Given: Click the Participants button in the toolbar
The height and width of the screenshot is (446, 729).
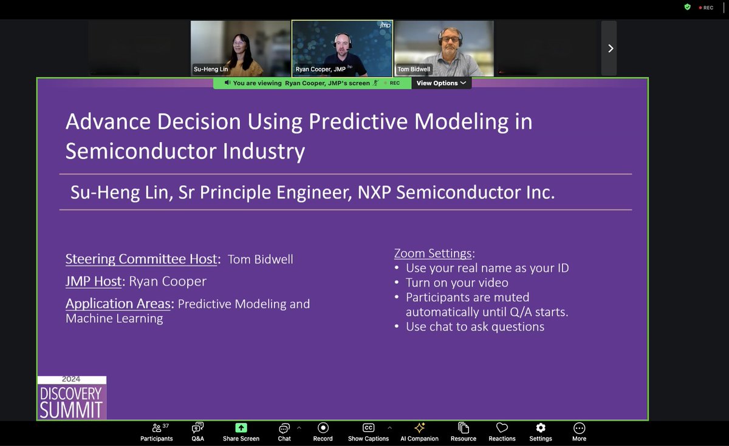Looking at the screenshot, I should click(157, 432).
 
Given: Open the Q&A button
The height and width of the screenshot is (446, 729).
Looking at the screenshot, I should click(197, 432).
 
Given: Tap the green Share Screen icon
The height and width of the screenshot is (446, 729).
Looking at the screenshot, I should click(241, 428).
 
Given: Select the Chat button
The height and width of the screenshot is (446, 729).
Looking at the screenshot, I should click(284, 432).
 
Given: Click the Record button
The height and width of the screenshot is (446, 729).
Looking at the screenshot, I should click(323, 432).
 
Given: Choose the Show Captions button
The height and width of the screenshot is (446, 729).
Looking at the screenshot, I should click(368, 432).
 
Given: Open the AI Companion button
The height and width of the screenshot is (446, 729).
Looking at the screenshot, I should click(419, 432).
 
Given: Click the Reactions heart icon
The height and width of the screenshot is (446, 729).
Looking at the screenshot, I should click(502, 428).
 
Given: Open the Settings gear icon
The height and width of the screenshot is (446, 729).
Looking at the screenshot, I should click(540, 428).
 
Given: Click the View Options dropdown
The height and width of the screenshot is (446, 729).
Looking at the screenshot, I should click(441, 83).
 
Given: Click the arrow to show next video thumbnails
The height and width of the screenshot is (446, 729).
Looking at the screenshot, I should click(610, 49).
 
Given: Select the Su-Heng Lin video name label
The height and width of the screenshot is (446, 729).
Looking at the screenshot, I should click(211, 69).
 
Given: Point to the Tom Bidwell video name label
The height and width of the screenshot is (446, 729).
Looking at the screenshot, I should click(414, 69).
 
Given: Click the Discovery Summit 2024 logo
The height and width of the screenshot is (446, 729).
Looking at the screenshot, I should click(72, 398).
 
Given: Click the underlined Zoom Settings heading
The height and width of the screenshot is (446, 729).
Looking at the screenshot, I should click(434, 253).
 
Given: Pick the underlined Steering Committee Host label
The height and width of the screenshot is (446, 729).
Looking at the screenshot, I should click(141, 259).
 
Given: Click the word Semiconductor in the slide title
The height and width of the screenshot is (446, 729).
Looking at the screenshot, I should click(135, 151).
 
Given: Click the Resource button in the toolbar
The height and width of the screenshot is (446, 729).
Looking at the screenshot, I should click(464, 432).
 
